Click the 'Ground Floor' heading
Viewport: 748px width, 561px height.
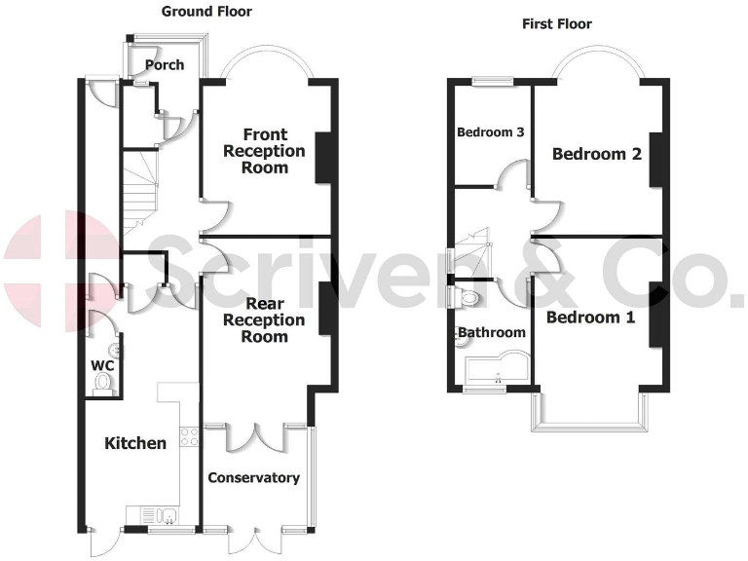pyautogui.click(x=206, y=12)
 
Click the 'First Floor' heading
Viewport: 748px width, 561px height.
pyautogui.click(x=556, y=24)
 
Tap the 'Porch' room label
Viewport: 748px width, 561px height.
pyautogui.click(x=164, y=65)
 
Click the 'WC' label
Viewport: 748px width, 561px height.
pyautogui.click(x=102, y=365)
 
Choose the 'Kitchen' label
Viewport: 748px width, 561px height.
pyautogui.click(x=135, y=443)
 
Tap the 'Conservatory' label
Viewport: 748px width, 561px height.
pyautogui.click(x=253, y=477)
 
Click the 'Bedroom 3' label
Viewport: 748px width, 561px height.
pyautogui.click(x=490, y=132)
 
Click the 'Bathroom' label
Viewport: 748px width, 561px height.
pyautogui.click(x=492, y=333)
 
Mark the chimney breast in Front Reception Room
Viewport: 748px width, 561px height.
pyautogui.click(x=321, y=156)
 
